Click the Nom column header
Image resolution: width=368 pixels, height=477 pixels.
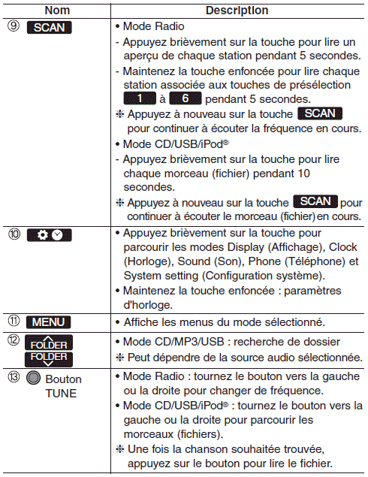57,11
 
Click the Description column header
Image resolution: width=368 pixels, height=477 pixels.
237,11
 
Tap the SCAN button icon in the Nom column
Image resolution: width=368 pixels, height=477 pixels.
50,27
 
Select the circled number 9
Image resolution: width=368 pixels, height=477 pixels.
14,26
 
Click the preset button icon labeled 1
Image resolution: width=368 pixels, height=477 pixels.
140,98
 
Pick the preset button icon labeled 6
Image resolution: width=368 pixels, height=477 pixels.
186,98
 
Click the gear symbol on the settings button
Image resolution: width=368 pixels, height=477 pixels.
43,235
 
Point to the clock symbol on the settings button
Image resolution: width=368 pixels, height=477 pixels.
57,235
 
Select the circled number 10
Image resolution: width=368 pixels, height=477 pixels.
14,234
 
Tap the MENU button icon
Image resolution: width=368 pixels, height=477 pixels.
49,322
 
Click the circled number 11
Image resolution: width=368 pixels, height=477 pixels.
14,321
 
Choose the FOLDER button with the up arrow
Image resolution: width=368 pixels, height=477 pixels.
49,343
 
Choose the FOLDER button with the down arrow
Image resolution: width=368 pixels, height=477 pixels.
49,359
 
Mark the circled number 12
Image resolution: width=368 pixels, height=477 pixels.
14,340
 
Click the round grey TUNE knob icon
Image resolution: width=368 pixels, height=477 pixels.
34,378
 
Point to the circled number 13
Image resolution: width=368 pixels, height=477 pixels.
14,377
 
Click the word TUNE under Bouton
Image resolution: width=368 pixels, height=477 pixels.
61,394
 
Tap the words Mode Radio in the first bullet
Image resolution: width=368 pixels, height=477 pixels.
154,26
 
